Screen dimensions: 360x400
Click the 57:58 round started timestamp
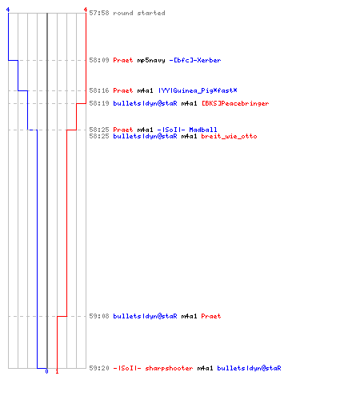point(99,13)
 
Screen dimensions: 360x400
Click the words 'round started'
point(139,13)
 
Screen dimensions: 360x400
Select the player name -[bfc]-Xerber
point(195,60)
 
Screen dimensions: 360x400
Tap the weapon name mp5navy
point(151,61)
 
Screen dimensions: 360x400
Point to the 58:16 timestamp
point(99,90)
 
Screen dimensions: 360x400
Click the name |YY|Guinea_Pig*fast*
point(198,90)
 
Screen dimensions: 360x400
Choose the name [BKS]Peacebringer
point(235,103)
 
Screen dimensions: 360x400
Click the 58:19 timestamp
point(99,103)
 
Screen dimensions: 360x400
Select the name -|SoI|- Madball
point(187,130)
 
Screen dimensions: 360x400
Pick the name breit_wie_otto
point(229,136)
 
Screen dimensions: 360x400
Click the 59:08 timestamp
point(99,316)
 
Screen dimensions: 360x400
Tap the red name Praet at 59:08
point(211,316)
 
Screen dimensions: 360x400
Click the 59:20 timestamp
point(99,368)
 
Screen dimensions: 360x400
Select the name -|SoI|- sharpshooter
point(153,368)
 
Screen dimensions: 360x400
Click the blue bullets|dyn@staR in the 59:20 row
point(249,368)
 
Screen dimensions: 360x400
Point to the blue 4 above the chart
point(8,10)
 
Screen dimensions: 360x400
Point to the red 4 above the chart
point(86,10)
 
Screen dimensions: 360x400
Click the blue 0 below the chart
point(47,371)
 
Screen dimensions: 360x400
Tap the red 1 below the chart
point(57,371)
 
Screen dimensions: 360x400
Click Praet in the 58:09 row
point(123,60)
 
